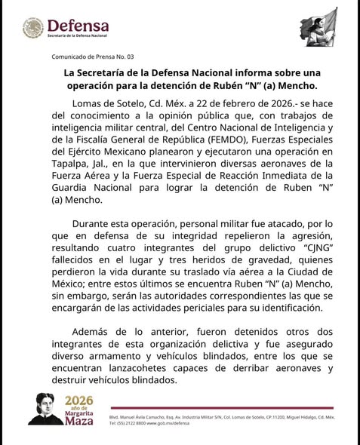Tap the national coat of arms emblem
coord(34,29)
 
